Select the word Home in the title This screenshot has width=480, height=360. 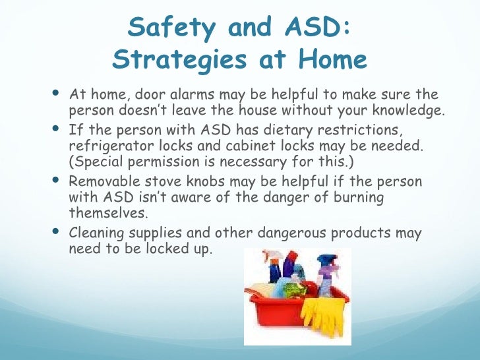coord(332,60)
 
